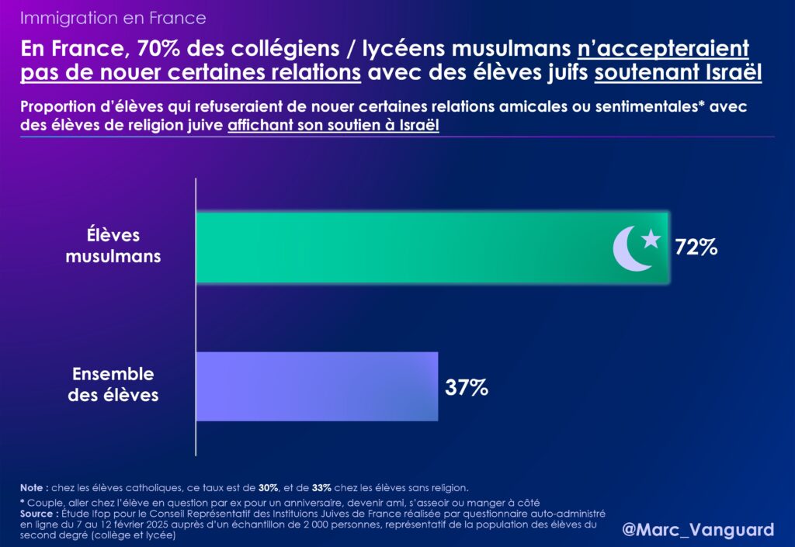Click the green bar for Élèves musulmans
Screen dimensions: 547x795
[404, 247]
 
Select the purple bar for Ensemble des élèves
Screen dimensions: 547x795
[317, 386]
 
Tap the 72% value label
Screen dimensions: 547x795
[696, 248]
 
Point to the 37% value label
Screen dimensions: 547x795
[466, 387]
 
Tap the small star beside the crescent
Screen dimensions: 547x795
[651, 238]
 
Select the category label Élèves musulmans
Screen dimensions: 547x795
[113, 244]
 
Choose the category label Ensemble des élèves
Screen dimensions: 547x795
[113, 384]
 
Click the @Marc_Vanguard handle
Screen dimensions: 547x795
[698, 530]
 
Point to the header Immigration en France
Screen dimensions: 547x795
[113, 17]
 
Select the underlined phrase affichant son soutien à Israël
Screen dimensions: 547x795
[334, 126]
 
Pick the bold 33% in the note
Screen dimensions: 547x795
[322, 487]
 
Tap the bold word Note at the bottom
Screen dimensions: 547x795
[34, 487]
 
